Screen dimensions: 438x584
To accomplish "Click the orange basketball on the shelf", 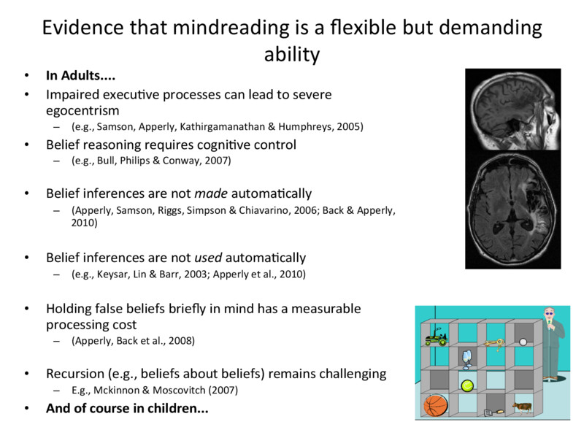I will (x=435, y=406).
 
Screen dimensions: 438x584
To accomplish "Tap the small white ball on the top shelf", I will (x=523, y=340).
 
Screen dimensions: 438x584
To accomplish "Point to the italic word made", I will (x=210, y=193).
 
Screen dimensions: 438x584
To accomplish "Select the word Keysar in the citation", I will (x=114, y=274).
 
